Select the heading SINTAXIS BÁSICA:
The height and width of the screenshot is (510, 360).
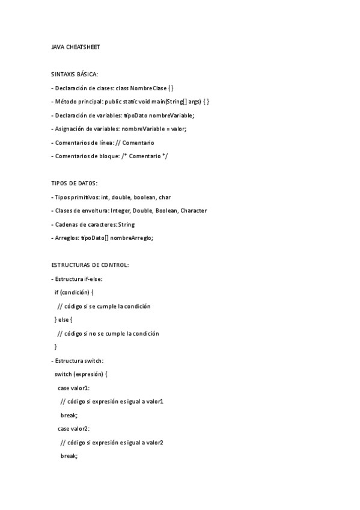pyautogui.click(x=74, y=73)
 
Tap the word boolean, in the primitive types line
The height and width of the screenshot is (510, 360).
pyautogui.click(x=145, y=197)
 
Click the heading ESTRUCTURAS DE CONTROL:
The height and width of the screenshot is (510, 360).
pyautogui.click(x=90, y=265)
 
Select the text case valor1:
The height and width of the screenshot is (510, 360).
pyautogui.click(x=73, y=388)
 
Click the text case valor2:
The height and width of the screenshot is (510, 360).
pyautogui.click(x=73, y=429)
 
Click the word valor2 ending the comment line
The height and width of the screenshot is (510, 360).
pyautogui.click(x=154, y=443)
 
